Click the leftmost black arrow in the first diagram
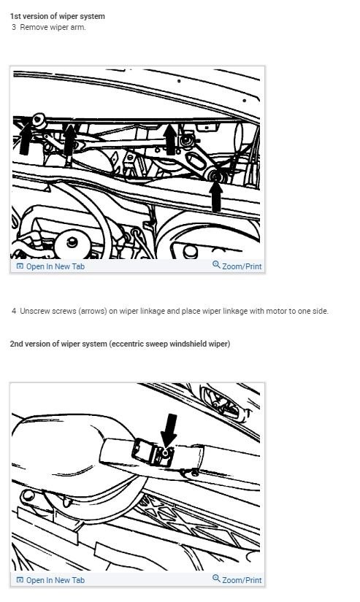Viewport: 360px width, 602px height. (x=26, y=139)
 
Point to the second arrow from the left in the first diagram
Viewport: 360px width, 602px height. (x=69, y=139)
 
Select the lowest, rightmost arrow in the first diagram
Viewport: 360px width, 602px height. (x=216, y=196)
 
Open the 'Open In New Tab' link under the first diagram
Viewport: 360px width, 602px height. (x=55, y=266)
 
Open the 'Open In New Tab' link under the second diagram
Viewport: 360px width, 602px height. (x=55, y=580)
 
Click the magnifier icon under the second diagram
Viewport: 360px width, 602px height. (x=216, y=579)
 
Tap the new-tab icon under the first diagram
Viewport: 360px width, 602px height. (x=20, y=266)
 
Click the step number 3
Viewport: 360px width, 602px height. (x=14, y=27)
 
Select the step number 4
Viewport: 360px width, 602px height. (x=14, y=311)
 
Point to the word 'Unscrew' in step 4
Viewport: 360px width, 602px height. (x=34, y=311)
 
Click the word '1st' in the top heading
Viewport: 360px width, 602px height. (x=15, y=16)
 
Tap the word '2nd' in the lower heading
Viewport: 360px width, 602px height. (x=17, y=344)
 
